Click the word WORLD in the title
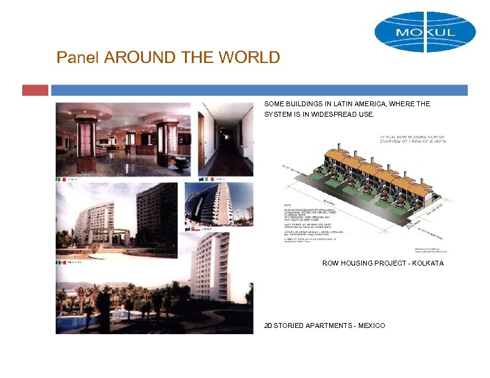pyautogui.click(x=252, y=58)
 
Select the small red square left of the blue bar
pyautogui.click(x=35, y=90)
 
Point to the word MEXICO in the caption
pyautogui.click(x=371, y=325)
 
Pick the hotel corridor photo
pyautogui.click(x=226, y=139)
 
